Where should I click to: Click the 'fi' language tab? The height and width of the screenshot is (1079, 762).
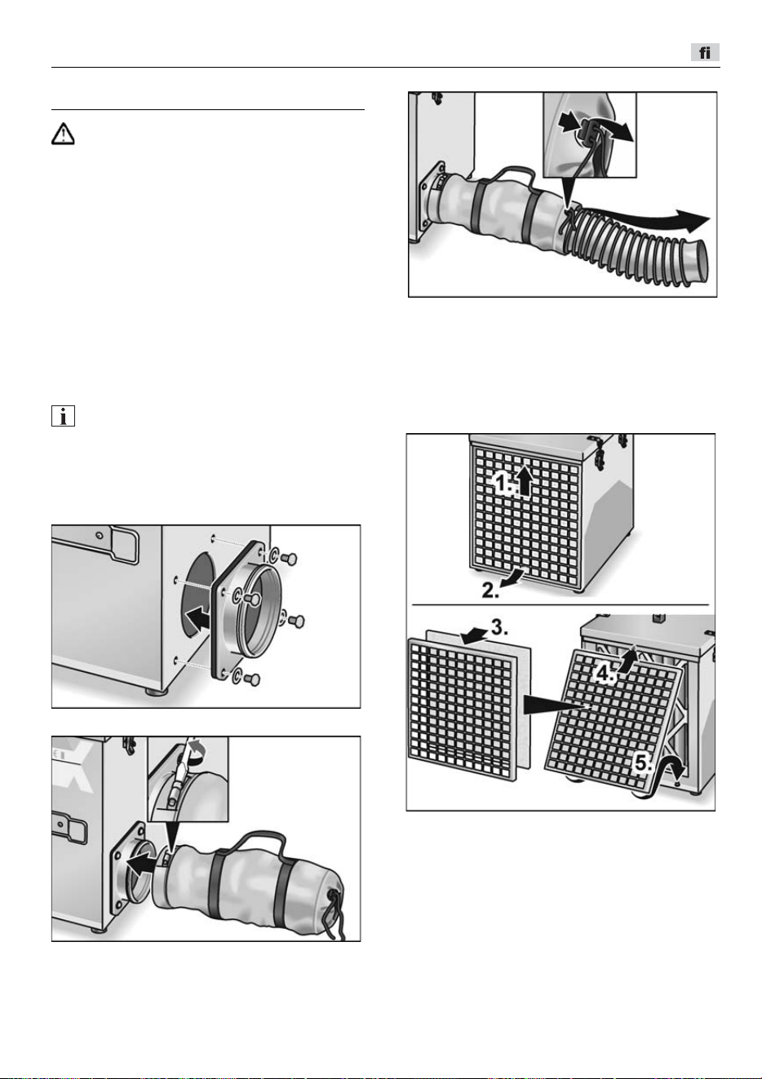tap(705, 52)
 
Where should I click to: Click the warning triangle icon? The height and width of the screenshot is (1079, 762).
tap(63, 134)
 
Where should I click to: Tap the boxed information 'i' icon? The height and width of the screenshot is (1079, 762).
tap(63, 416)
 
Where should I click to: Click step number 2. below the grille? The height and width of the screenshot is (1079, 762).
tap(490, 590)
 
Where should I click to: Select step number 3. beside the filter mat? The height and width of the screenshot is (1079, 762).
tap(499, 628)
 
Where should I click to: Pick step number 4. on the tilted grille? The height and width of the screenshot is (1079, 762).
tap(604, 674)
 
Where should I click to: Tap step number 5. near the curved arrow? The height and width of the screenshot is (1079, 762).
tap(644, 763)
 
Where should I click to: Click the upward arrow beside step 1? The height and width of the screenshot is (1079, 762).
tap(525, 482)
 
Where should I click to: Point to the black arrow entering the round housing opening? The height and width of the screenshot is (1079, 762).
tap(199, 618)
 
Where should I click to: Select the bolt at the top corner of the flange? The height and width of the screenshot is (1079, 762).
tap(288, 559)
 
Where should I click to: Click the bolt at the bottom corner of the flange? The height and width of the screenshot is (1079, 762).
tap(252, 679)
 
